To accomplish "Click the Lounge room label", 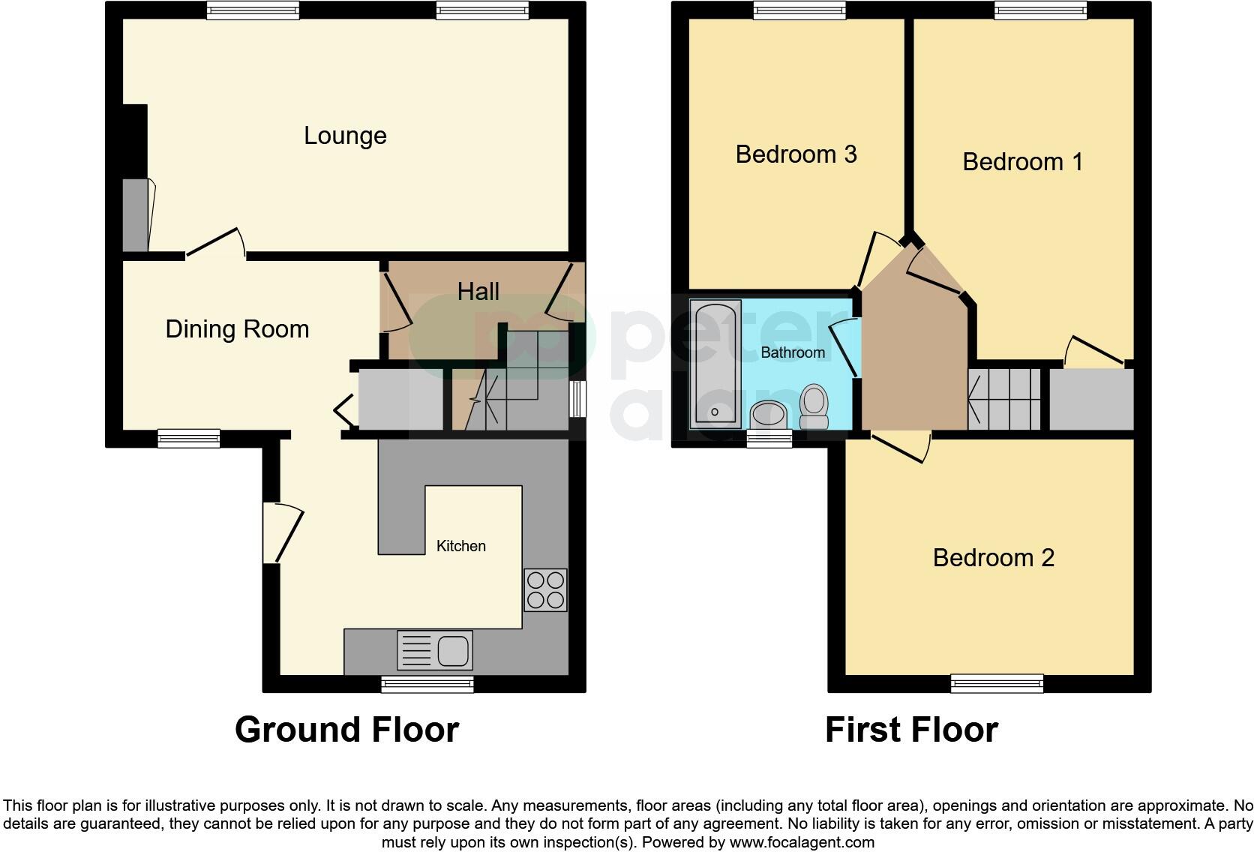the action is coord(345,136).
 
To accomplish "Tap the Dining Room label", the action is coord(237,329).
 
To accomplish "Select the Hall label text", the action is coord(478,292).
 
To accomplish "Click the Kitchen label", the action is coord(460,546).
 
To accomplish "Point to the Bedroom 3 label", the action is coord(796,154).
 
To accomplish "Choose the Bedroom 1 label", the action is coord(1022,162).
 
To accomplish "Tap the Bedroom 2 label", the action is coord(993,558).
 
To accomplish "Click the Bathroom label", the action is coord(793,352).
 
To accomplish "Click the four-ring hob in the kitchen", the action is coord(545,590).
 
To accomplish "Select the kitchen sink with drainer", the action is coord(434,650).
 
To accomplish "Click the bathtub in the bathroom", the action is coord(715,364).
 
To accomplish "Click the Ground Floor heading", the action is coord(346,730).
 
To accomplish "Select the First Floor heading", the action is coord(911,730).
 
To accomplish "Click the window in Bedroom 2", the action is coord(997,682).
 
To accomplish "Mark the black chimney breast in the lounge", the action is coord(135,140).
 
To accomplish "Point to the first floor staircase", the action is coord(1004,398).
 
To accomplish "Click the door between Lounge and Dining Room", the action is coord(215,244).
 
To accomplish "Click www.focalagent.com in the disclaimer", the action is coord(802,842).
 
